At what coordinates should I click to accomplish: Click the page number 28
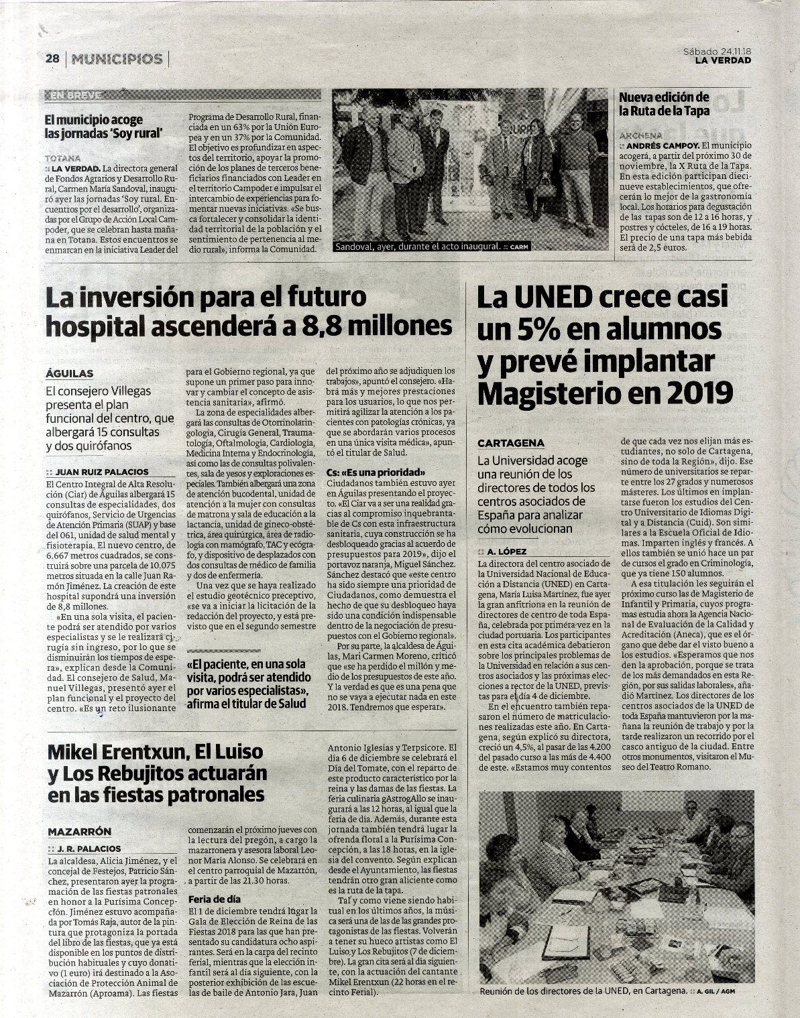coord(53,59)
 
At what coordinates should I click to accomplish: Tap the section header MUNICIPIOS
coord(117,59)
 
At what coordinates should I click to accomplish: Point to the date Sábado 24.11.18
coord(717,51)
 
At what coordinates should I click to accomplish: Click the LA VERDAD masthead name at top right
coord(723,61)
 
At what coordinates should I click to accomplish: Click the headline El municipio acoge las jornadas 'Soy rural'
coord(105,126)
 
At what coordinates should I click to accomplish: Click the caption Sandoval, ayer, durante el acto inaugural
coord(417,247)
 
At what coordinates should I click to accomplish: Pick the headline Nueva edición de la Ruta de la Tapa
coord(663,104)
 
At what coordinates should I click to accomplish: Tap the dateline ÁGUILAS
coord(70,373)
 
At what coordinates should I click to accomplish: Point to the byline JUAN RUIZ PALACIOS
coord(102,472)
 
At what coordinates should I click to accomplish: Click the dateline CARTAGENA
coord(511,443)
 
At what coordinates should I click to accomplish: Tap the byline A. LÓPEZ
coord(508,552)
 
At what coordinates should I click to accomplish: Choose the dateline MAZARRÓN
coord(79,831)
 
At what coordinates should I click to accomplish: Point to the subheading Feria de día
coord(215,899)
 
